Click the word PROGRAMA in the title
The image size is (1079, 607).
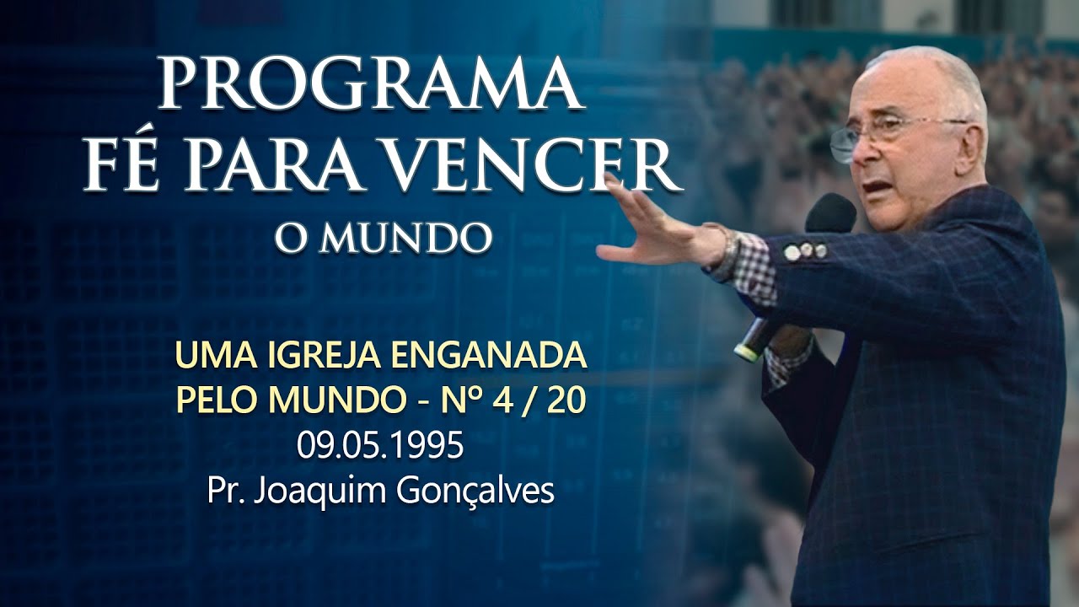tap(372, 84)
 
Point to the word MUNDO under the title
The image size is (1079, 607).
tap(405, 239)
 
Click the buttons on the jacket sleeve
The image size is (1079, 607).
tap(805, 250)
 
